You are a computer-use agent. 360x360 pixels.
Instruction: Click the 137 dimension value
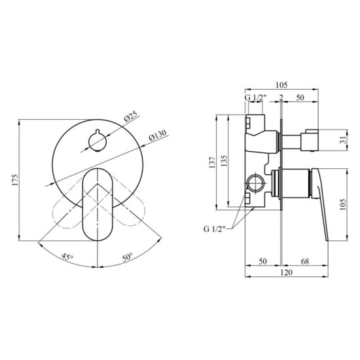tap(212, 161)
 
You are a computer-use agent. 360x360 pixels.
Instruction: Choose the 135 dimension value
tap(224, 161)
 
